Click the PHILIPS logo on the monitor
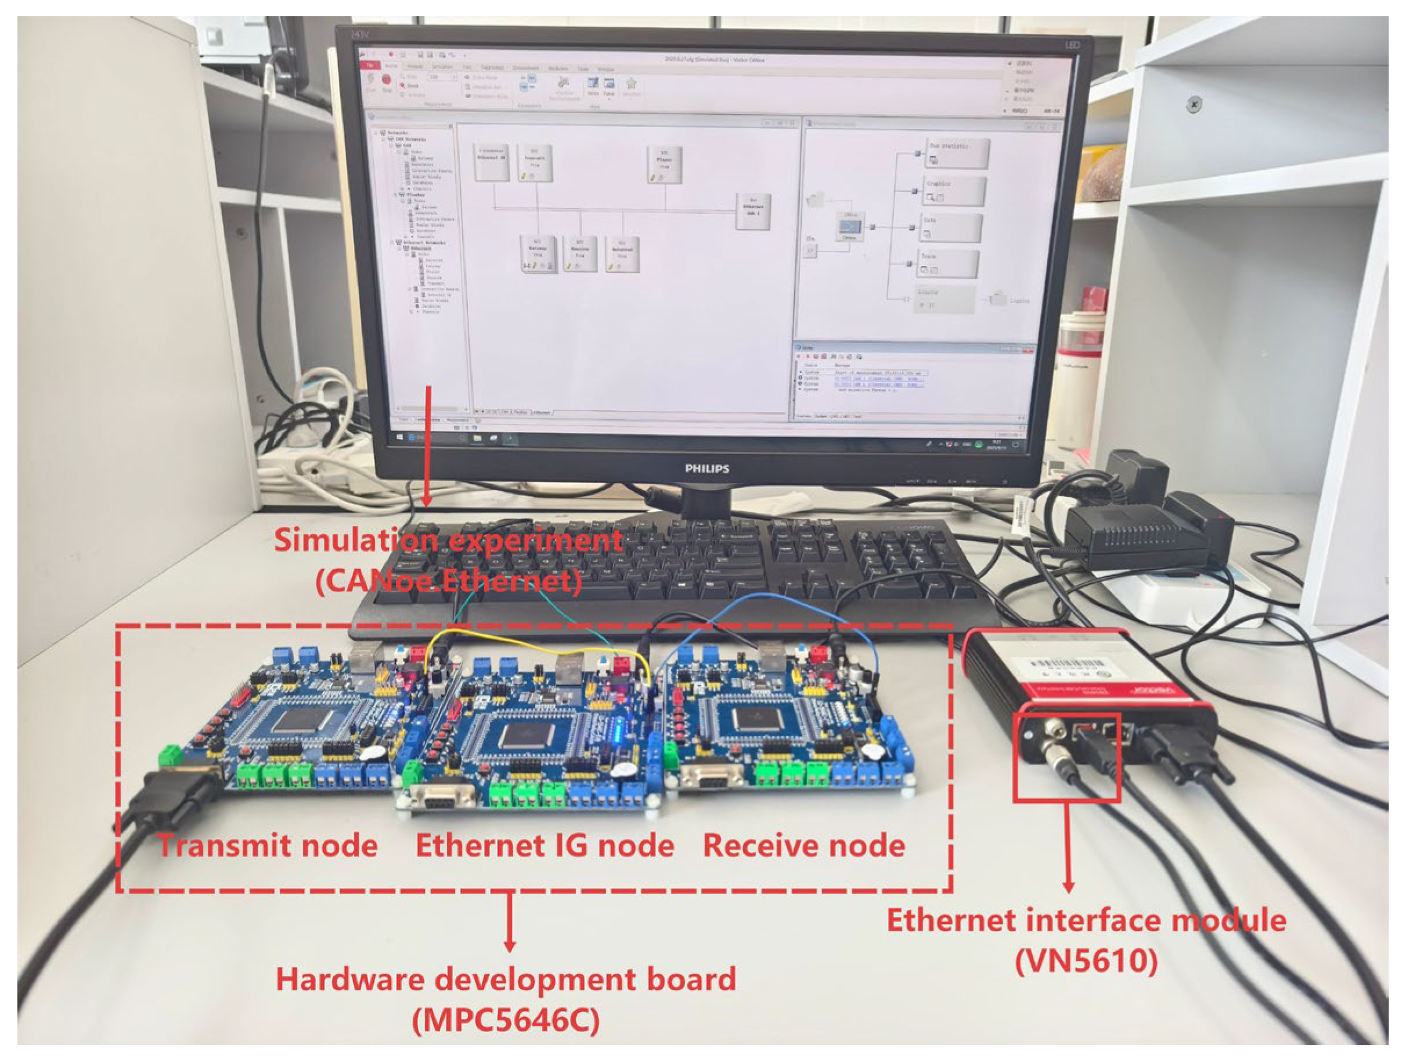[707, 469]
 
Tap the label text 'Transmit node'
[268, 845]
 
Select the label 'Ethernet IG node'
[545, 845]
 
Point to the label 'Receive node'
[803, 845]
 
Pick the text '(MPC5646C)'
[506, 1020]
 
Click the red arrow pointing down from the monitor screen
[429, 444]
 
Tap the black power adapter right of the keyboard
[1134, 535]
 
